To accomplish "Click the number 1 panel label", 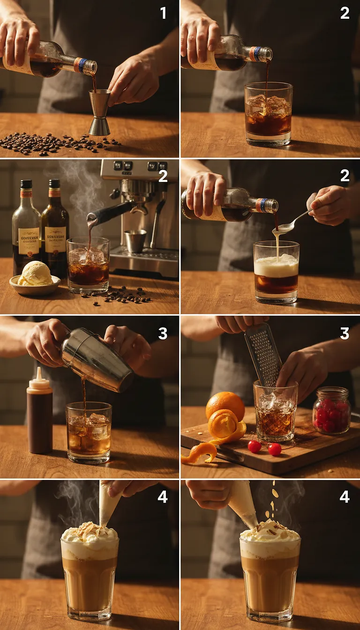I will tap(163, 13).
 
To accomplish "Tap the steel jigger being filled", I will tap(100, 112).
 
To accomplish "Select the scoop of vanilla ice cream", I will tap(35, 274).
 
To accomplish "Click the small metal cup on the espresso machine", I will tap(135, 241).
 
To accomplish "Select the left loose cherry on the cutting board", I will tap(255, 446).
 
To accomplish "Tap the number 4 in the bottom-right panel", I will tap(345, 496).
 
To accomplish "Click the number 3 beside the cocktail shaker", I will tap(163, 333).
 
